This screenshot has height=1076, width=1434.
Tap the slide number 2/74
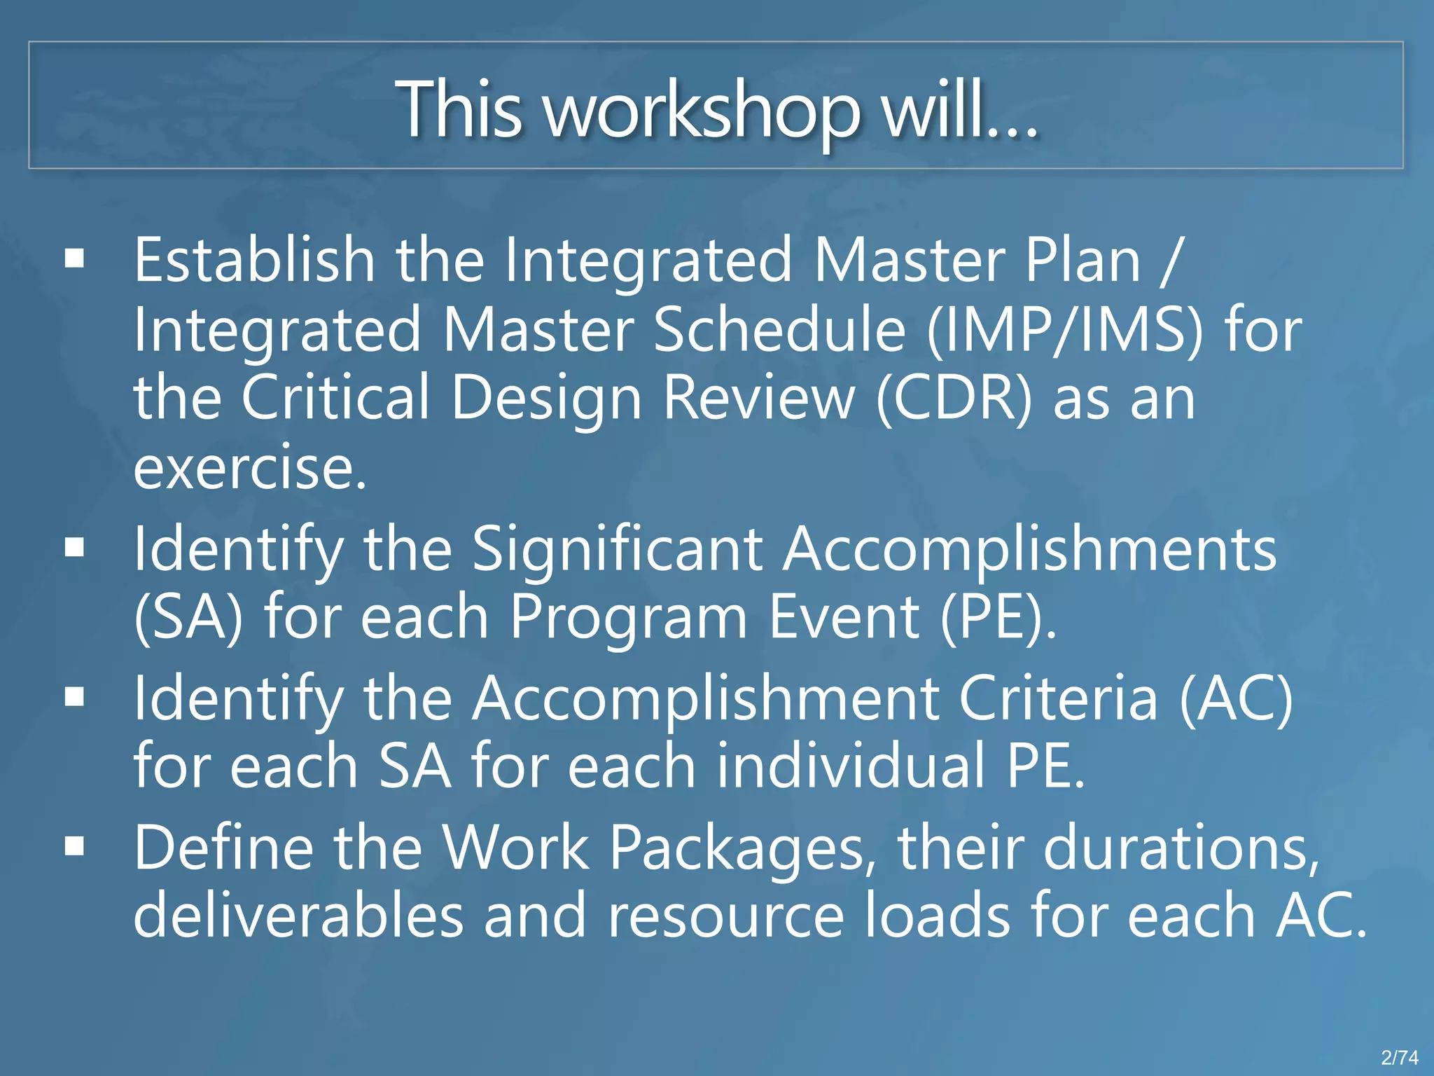(1399, 1057)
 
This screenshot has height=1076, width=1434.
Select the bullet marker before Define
(74, 847)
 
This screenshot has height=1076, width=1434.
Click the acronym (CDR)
(954, 397)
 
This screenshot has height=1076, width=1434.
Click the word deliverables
(298, 916)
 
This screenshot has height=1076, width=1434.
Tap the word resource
(725, 916)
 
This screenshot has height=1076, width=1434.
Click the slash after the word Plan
(1170, 261)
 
